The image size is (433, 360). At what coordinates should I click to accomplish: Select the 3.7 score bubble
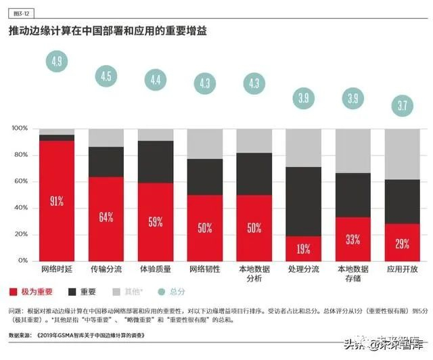pyautogui.click(x=403, y=105)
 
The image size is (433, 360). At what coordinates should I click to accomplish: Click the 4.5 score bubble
pyautogui.click(x=106, y=76)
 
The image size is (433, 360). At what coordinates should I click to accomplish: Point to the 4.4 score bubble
pyautogui.click(x=156, y=80)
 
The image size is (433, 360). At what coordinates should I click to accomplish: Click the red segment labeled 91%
pyautogui.click(x=57, y=200)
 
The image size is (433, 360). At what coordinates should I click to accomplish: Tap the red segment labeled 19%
pyautogui.click(x=304, y=248)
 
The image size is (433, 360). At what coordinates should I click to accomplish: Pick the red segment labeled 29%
pyautogui.click(x=403, y=242)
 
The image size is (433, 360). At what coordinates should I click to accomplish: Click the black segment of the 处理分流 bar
pyautogui.click(x=304, y=201)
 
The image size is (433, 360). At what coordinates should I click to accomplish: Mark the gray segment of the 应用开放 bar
pyautogui.click(x=403, y=154)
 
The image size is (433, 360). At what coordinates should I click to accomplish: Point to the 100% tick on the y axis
pyautogui.click(x=20, y=128)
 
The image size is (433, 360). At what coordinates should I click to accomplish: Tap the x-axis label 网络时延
pyautogui.click(x=57, y=269)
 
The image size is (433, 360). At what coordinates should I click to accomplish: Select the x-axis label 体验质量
pyautogui.click(x=156, y=269)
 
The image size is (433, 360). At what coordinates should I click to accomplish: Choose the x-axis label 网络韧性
pyautogui.click(x=205, y=269)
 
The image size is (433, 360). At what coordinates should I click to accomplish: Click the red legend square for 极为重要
pyautogui.click(x=14, y=292)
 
